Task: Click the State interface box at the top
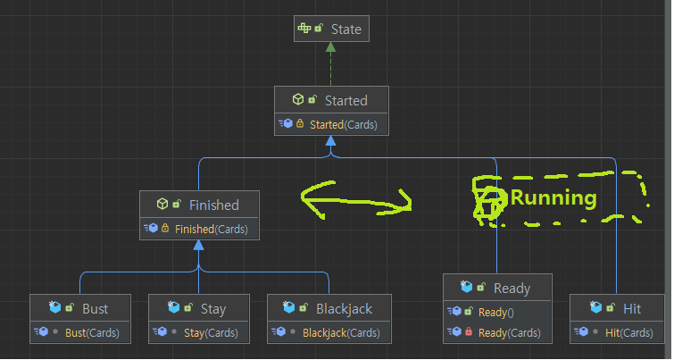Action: pyautogui.click(x=330, y=29)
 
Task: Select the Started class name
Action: pyautogui.click(x=345, y=100)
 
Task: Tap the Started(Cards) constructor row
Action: pyautogui.click(x=343, y=124)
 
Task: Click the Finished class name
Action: pyautogui.click(x=213, y=205)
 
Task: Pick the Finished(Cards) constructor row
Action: pyautogui.click(x=211, y=230)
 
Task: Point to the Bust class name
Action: pyautogui.click(x=95, y=309)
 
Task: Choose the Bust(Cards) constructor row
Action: pyautogui.click(x=92, y=333)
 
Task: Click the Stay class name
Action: pyautogui.click(x=212, y=309)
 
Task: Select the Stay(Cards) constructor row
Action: pyautogui.click(x=211, y=333)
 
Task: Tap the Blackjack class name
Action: pyautogui.click(x=344, y=309)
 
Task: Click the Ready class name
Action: pyautogui.click(x=512, y=288)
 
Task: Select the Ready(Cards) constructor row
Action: pyautogui.click(x=510, y=333)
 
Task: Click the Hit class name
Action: pyautogui.click(x=632, y=309)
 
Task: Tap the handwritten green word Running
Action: pyautogui.click(x=553, y=198)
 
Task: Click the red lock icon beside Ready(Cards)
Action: pyautogui.click(x=468, y=333)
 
